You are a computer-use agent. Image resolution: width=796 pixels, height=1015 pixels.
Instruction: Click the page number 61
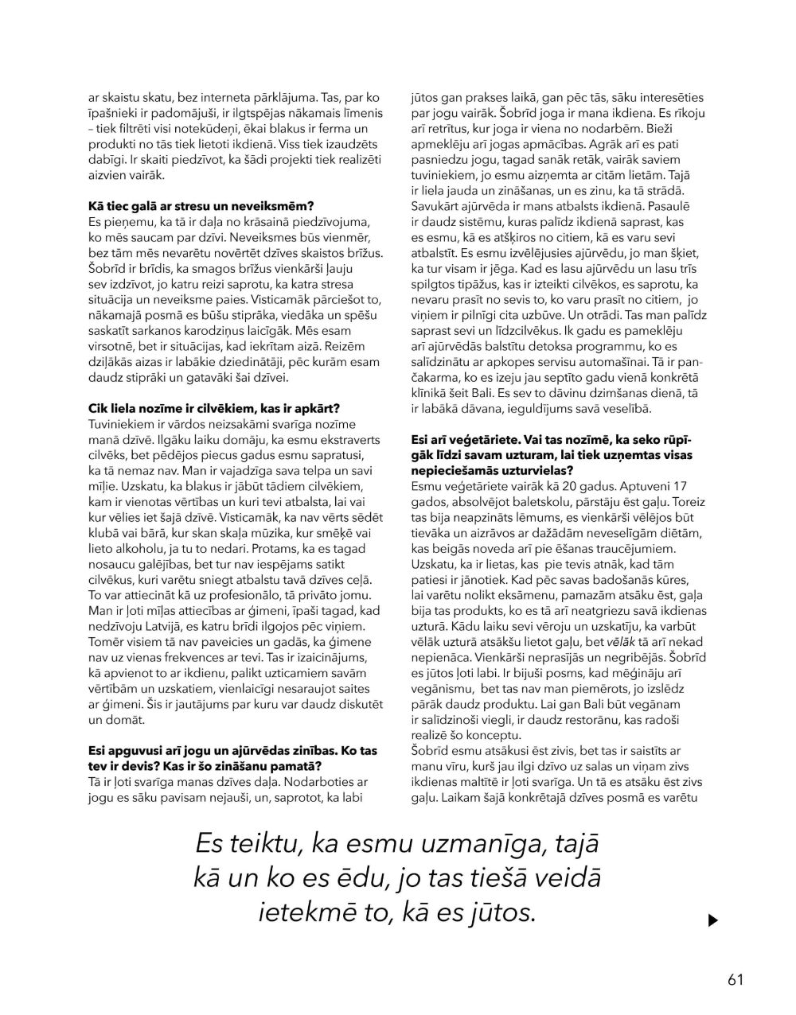coord(735,979)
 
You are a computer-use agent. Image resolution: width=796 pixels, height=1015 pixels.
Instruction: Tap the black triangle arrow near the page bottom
coord(712,920)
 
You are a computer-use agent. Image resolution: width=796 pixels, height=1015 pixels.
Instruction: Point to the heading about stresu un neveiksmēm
coord(201,205)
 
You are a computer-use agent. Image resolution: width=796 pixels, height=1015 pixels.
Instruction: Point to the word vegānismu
coord(442,685)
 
